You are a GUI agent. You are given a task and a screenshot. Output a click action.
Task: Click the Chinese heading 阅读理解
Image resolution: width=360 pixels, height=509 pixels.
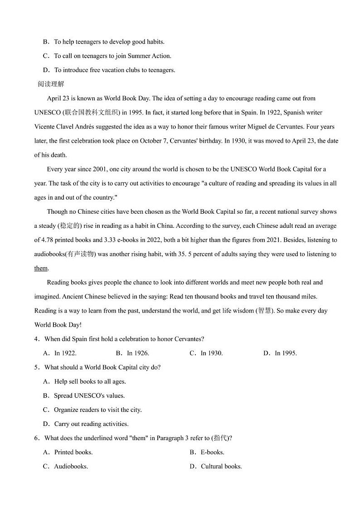(x=51, y=84)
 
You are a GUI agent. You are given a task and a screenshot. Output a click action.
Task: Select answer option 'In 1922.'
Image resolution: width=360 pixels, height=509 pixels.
(x=65, y=353)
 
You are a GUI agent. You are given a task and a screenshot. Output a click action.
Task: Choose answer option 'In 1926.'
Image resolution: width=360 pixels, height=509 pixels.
(x=138, y=353)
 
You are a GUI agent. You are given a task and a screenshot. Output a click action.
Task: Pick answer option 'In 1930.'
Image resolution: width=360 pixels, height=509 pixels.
(x=211, y=353)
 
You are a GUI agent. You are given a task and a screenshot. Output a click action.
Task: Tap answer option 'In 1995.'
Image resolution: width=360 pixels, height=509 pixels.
(x=286, y=353)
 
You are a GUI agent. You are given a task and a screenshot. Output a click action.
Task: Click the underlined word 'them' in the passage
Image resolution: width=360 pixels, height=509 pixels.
(x=41, y=268)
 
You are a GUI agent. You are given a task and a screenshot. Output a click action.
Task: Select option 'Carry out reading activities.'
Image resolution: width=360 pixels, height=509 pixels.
(x=91, y=424)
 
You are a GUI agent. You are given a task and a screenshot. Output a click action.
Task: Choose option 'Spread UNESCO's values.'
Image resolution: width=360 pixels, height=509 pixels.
(x=89, y=396)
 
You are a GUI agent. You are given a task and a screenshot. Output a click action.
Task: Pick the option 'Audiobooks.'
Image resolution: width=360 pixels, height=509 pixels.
(x=71, y=466)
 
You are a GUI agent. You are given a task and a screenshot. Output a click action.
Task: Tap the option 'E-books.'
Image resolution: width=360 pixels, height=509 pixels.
(x=212, y=452)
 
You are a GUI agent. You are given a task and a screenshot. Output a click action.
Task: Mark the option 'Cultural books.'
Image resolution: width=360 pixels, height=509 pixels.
(x=221, y=466)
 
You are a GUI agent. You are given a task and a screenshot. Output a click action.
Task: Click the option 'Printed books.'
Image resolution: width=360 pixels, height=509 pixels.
(x=73, y=452)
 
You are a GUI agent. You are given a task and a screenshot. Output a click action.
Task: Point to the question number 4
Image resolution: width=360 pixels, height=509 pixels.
(x=36, y=339)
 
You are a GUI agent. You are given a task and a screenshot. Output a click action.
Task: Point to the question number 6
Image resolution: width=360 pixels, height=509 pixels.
(x=36, y=438)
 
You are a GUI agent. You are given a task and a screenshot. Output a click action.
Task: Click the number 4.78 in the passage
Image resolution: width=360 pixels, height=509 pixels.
(x=48, y=240)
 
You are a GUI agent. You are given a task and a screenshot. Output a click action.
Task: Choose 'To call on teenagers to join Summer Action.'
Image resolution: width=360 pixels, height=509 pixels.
(x=112, y=56)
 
